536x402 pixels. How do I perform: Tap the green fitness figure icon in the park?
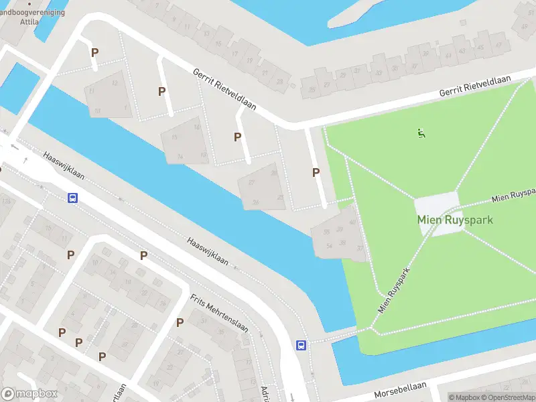[421, 133]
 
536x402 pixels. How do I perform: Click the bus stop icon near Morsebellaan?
[301, 345]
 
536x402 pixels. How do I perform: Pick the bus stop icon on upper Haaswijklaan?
[72, 198]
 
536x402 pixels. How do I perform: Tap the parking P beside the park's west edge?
[316, 172]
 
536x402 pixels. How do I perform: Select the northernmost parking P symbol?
[94, 52]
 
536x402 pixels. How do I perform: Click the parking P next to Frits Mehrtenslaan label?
[180, 323]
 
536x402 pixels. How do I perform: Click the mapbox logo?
[29, 394]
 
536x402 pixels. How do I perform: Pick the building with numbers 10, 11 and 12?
[107, 94]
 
